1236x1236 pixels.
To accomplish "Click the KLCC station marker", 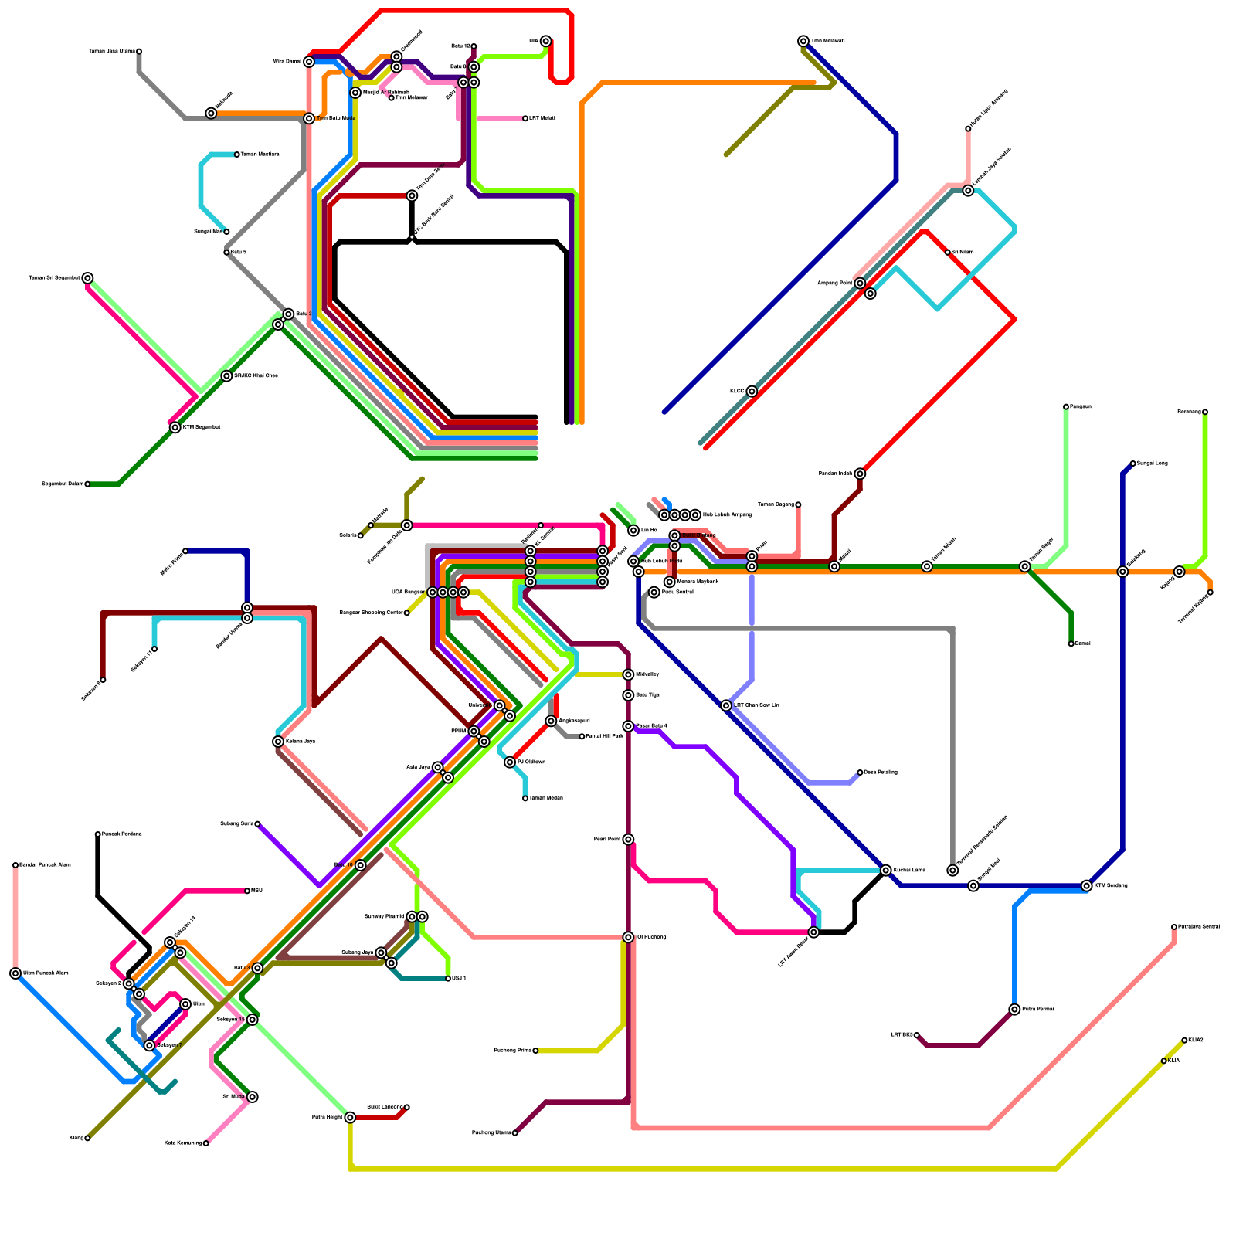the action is tap(752, 392).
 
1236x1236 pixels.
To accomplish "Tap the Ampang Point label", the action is tap(835, 284).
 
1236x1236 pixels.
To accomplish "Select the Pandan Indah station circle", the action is tap(860, 474).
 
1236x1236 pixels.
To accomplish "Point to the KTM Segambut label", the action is tap(202, 427).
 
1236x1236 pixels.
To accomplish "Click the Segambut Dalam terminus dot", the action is tap(87, 484).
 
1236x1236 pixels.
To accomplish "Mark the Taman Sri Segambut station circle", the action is tap(88, 278).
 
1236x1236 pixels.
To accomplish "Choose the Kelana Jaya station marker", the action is tap(278, 742).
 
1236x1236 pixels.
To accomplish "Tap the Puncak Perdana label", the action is tap(122, 834).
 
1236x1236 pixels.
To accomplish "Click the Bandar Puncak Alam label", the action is tap(45, 865).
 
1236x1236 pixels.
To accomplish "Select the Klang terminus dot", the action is tap(87, 1138).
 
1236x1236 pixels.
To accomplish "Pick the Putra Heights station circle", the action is tap(350, 1117).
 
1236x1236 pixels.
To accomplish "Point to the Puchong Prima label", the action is tap(512, 1051).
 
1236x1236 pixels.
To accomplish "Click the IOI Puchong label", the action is tap(651, 937).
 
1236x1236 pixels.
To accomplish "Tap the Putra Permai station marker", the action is tap(1014, 1010).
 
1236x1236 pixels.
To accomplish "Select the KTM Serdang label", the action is tap(1112, 885).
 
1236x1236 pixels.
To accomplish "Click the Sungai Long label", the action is tap(1153, 463).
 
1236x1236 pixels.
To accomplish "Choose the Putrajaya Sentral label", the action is tap(1199, 926).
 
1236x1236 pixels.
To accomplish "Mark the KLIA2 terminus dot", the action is tap(1184, 1041).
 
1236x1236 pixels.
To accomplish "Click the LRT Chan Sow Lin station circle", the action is tap(726, 705).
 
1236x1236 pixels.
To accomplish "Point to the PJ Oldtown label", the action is tap(531, 762).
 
